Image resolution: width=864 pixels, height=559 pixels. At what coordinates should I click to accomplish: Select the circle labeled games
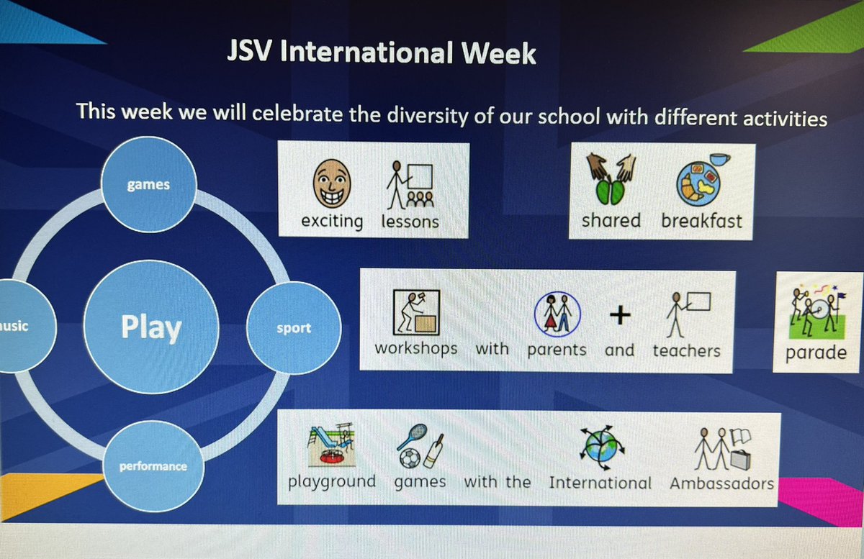click(148, 185)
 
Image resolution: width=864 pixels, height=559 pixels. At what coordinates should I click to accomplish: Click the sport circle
click(293, 329)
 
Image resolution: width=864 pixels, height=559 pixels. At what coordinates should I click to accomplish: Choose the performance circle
click(153, 466)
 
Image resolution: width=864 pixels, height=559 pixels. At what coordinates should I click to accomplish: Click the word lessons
click(410, 221)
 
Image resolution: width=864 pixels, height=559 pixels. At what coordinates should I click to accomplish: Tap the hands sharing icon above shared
click(611, 181)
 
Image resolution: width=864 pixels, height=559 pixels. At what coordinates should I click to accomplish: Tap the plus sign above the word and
click(619, 315)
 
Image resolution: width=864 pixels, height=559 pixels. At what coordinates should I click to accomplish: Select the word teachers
click(686, 350)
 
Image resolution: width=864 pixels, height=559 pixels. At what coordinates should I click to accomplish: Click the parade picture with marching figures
click(816, 314)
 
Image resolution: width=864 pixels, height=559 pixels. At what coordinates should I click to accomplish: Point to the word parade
click(816, 353)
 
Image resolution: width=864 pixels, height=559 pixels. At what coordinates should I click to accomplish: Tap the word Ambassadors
click(721, 483)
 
